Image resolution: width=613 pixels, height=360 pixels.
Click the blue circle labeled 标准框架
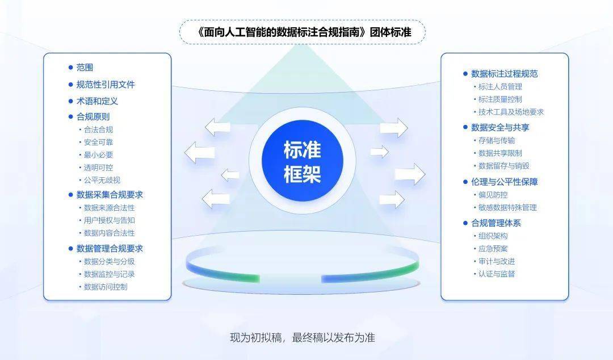(302, 161)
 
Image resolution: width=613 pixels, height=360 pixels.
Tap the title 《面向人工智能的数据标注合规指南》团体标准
(303, 32)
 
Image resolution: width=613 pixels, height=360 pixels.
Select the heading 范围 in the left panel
(85, 68)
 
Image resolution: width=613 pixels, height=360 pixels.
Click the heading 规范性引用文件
(106, 85)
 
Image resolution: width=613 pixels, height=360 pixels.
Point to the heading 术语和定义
(97, 101)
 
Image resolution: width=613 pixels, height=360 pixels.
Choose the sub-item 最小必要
(99, 154)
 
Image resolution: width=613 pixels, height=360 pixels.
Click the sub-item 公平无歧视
(102, 180)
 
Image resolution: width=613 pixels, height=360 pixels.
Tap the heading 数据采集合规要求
(110, 194)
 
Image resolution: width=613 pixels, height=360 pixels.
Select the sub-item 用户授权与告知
(110, 220)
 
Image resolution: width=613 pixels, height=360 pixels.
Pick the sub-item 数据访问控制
(106, 287)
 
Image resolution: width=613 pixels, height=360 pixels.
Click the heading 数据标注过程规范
(505, 74)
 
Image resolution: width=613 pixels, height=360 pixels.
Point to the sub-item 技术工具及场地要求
(511, 112)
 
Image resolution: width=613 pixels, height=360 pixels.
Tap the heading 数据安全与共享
(500, 127)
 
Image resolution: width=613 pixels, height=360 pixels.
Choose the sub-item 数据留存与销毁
(504, 166)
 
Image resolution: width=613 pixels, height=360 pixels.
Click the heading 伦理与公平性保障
(505, 182)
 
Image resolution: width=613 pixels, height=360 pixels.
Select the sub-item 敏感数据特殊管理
(507, 207)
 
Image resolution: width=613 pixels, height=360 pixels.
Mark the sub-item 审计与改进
(497, 261)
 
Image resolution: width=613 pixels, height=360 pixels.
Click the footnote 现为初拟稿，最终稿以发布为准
(303, 337)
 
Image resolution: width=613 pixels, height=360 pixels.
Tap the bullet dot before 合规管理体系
(465, 223)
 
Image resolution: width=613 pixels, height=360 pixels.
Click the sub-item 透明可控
(99, 168)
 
